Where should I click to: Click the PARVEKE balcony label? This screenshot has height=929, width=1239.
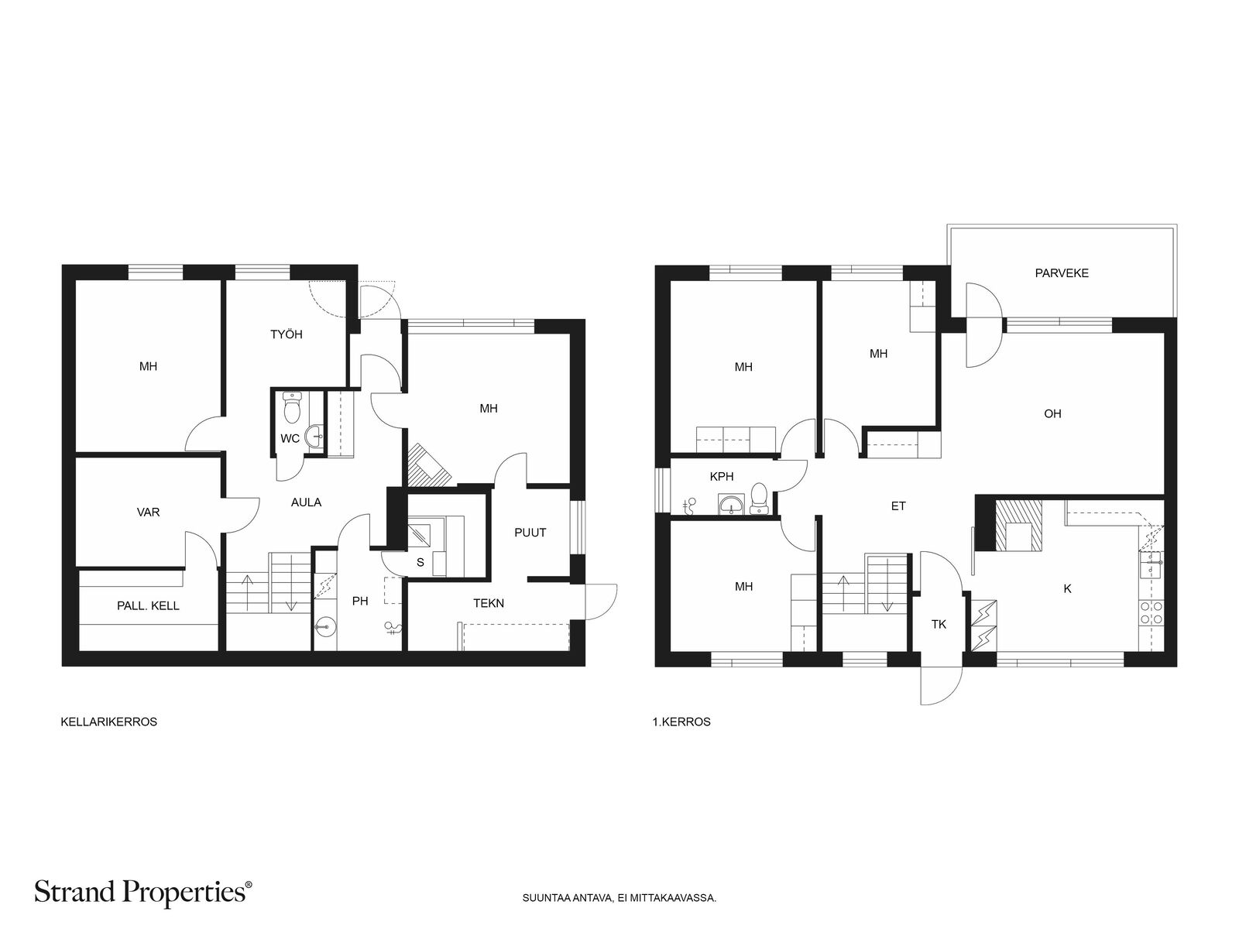point(1061,273)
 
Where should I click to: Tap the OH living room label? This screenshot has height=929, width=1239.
point(1052,414)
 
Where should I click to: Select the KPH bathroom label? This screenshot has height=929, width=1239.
point(722,477)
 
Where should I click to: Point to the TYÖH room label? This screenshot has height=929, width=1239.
point(287,334)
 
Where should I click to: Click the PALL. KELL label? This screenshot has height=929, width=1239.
point(148,606)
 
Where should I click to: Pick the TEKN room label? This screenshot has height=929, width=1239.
point(489,604)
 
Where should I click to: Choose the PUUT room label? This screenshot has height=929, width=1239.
point(530,533)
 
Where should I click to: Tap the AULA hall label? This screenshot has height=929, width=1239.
point(306,502)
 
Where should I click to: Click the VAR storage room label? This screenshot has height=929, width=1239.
point(148,512)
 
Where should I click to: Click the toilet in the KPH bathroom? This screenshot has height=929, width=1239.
point(759,498)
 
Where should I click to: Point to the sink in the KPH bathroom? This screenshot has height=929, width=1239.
point(732,505)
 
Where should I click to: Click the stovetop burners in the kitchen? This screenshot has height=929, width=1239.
point(1151,612)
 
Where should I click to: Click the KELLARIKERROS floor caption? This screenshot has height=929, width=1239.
point(109,722)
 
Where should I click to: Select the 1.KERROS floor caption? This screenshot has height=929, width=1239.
point(681,722)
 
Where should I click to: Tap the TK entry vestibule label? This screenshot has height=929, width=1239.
point(939,625)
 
